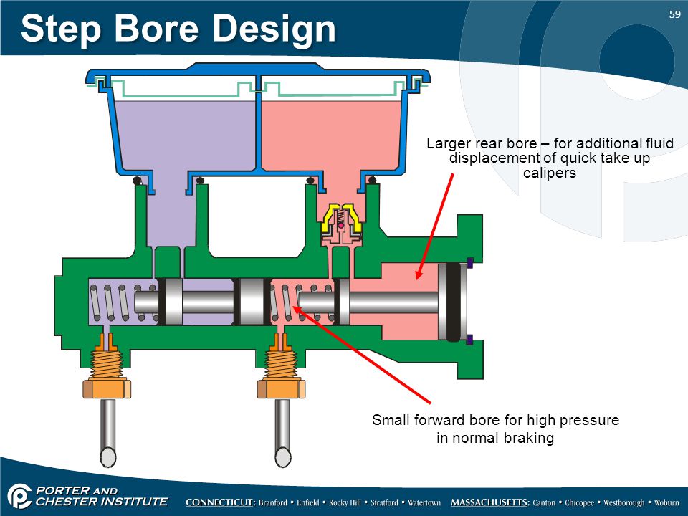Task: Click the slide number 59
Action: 674,14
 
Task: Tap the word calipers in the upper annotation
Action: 550,173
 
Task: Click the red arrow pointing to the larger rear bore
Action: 435,226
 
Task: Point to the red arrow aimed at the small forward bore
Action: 361,355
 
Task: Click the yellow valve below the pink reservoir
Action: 341,218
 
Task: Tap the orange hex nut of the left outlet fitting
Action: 107,389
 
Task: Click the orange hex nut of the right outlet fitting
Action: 281,389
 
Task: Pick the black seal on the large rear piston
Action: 454,302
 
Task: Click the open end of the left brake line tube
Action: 108,457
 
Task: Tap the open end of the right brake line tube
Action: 283,457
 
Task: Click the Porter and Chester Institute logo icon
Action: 19,496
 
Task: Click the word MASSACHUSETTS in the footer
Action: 490,502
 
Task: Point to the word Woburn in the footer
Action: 666,503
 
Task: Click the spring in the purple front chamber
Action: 123,302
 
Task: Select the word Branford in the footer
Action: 272,503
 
